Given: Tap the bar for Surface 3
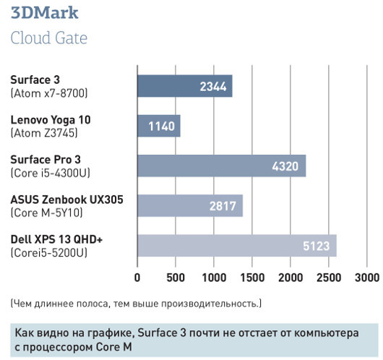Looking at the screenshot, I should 185,86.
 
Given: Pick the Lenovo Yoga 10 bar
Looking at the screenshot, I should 159,126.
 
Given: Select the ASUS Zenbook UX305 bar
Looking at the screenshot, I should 190,206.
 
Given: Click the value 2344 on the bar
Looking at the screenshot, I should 214,87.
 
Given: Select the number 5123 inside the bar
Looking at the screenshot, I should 317,247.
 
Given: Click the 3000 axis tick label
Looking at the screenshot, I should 366,278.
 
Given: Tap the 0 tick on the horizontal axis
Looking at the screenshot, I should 137,278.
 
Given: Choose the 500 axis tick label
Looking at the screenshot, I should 176,278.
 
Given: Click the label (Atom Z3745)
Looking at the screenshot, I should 44,133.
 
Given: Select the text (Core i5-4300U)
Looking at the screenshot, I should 49,173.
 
